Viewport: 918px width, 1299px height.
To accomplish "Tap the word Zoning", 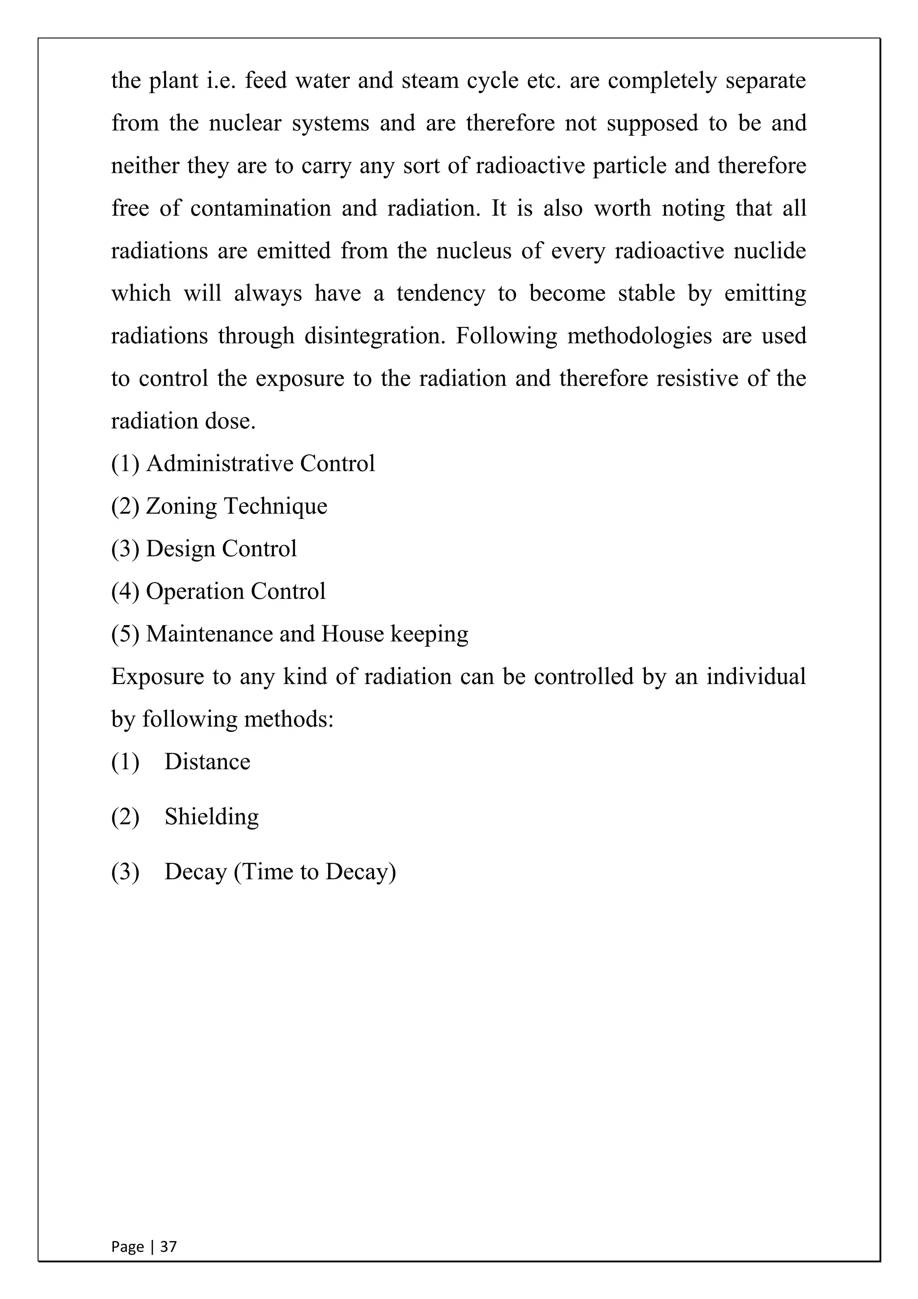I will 181,506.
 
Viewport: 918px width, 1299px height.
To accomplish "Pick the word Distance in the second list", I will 207,762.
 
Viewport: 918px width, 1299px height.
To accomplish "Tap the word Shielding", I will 212,817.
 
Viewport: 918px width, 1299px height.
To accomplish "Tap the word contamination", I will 260,208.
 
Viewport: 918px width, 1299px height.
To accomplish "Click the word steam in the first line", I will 430,80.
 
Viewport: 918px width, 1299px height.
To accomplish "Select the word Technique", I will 275,506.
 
